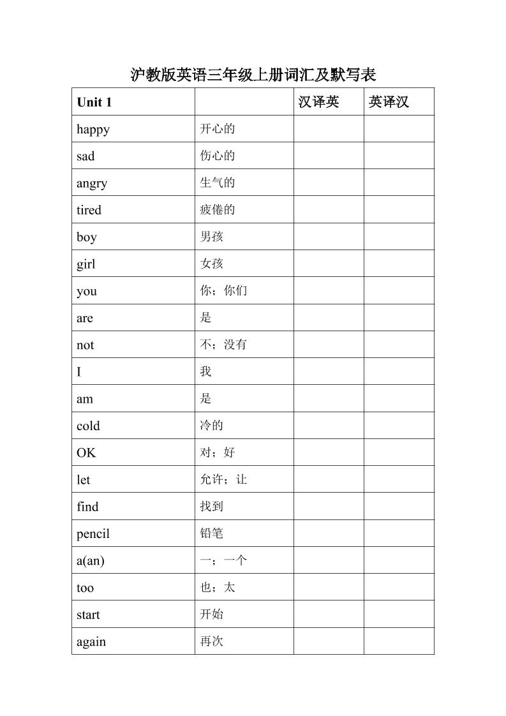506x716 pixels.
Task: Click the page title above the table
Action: [253, 75]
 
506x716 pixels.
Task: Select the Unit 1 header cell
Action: [94, 102]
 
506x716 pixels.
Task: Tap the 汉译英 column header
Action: [318, 102]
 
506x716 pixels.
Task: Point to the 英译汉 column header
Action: [389, 102]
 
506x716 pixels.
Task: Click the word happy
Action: [93, 130]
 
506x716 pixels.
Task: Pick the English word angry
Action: [92, 183]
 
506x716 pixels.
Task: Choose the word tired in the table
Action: [89, 210]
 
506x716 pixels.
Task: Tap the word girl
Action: [86, 264]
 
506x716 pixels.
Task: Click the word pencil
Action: [93, 533]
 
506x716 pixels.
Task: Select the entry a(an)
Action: [91, 561]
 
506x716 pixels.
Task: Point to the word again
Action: [91, 642]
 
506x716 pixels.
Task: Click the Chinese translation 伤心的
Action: [218, 156]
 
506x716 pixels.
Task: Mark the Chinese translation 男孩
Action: [212, 237]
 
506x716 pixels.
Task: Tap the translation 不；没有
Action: [223, 345]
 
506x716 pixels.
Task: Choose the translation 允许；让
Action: [223, 479]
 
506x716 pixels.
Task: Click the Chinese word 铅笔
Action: [212, 533]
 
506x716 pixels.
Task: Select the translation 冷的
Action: [212, 426]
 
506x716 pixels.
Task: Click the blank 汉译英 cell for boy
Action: [329, 237]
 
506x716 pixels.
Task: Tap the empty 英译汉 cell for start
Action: [399, 615]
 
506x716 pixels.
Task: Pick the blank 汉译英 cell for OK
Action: [329, 452]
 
